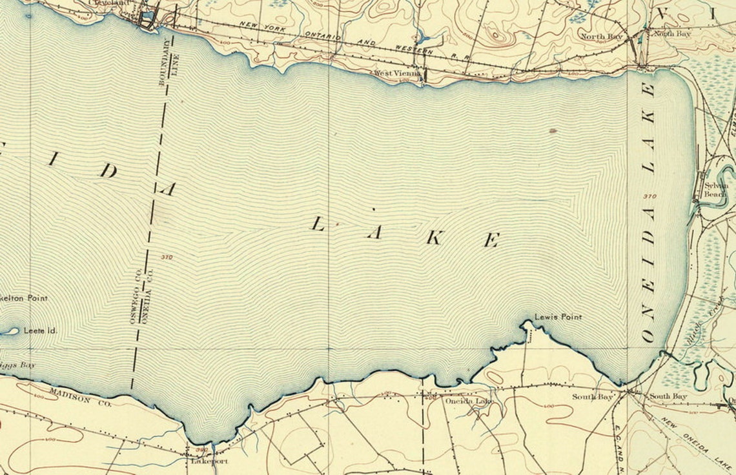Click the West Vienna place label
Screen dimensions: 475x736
[x=398, y=74]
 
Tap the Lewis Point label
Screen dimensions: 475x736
[x=558, y=317]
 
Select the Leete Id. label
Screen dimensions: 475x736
[x=41, y=330]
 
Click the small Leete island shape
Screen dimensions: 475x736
[x=9, y=332]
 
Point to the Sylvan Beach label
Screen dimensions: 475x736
[x=715, y=189]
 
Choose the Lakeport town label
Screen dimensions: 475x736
[x=209, y=461]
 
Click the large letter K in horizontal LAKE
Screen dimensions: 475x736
[x=434, y=237]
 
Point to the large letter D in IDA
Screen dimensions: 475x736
[x=108, y=171]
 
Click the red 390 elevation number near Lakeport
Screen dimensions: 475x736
[x=202, y=449]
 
